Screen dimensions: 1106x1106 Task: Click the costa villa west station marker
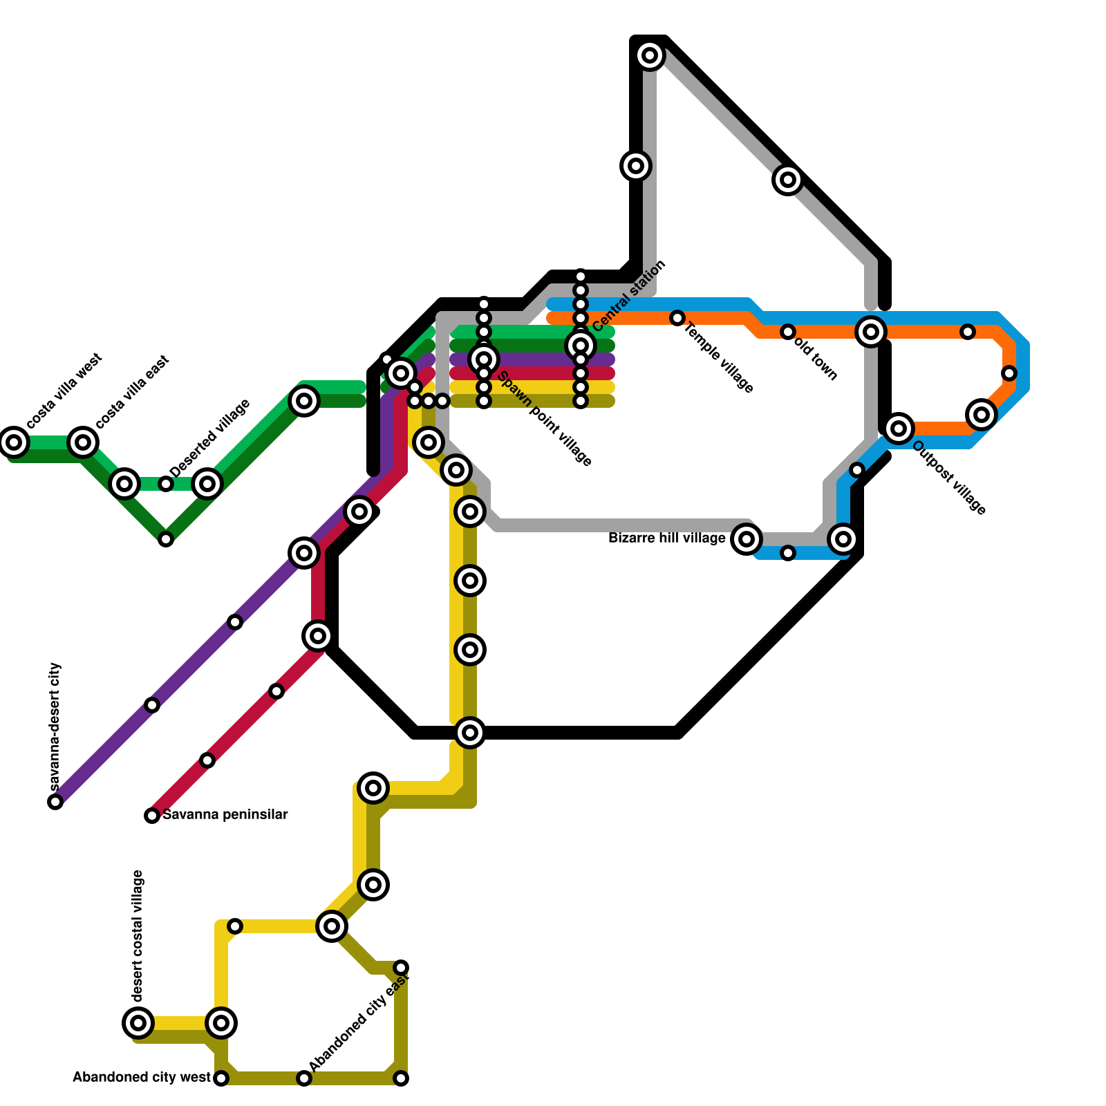(14, 442)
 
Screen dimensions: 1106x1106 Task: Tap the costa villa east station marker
(83, 442)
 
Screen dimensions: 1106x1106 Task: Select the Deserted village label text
(209, 438)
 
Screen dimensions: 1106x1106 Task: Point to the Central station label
(629, 296)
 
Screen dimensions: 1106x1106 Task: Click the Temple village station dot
(677, 318)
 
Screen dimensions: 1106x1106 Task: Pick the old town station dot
(788, 332)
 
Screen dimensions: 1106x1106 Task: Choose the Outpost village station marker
(899, 429)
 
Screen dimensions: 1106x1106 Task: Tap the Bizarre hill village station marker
(747, 539)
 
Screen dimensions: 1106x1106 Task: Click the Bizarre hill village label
(666, 538)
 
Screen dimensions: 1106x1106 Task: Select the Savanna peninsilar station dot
(152, 816)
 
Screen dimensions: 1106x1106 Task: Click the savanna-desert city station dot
(55, 802)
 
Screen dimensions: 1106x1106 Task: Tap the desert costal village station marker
(138, 1022)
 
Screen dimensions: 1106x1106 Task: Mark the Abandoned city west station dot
(221, 1078)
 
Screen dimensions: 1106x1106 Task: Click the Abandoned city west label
(141, 1078)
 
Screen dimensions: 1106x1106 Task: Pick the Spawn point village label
(544, 420)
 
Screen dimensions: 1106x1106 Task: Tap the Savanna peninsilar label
(225, 815)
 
